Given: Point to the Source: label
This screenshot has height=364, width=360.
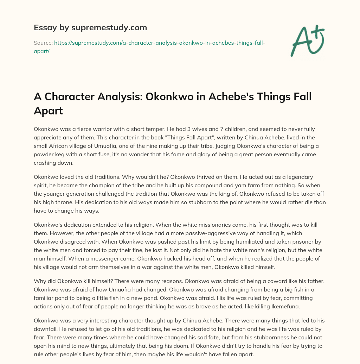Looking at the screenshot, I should [43, 43].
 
